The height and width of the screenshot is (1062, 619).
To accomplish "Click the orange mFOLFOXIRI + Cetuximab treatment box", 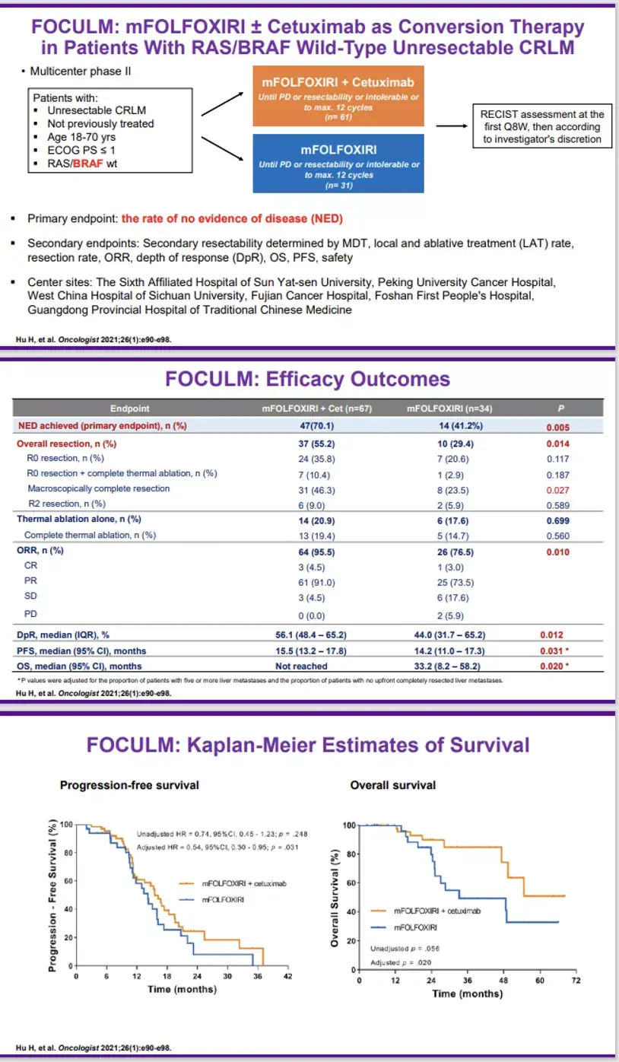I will (338, 95).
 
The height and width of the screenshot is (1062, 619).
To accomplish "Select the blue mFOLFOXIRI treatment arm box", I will (338, 163).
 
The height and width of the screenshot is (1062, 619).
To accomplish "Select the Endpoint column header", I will (129, 408).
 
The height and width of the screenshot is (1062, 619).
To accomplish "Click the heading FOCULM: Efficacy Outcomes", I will (308, 379).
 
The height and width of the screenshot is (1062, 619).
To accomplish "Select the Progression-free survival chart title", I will (129, 785).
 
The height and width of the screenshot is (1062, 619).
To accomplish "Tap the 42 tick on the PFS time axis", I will (287, 977).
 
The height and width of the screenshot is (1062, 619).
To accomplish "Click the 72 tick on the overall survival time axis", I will (576, 981).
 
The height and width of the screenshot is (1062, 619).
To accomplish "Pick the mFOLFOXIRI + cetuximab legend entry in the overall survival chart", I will (430, 910).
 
